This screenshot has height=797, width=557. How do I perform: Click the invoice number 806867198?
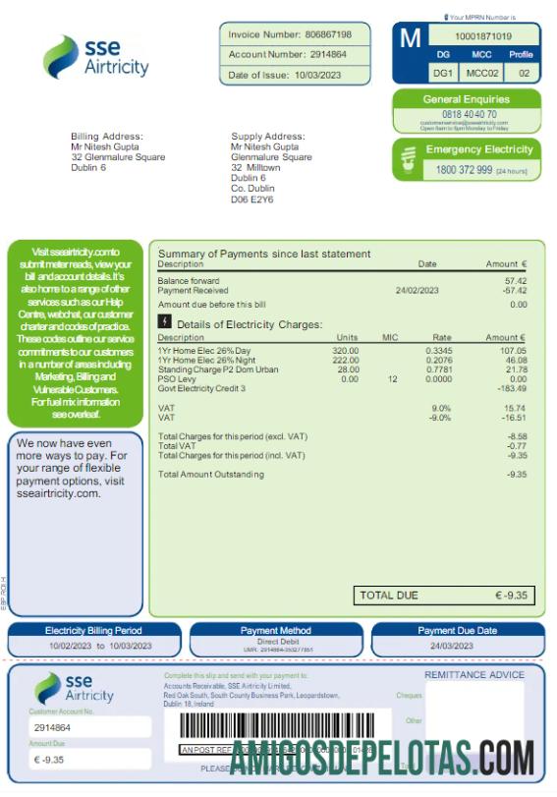tap(329, 34)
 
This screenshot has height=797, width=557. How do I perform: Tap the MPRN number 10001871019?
tap(483, 36)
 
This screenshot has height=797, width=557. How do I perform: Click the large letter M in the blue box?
tap(410, 38)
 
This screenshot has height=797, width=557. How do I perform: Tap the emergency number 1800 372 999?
tap(464, 170)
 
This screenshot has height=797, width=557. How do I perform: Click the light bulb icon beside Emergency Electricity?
tap(408, 160)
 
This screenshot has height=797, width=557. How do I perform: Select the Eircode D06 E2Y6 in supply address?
tap(251, 199)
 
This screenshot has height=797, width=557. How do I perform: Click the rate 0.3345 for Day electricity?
tap(439, 351)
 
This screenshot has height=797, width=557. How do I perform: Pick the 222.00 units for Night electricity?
tap(346, 360)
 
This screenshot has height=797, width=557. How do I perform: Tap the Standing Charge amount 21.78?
tap(514, 370)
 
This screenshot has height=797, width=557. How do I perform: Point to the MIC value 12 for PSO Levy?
tap(392, 378)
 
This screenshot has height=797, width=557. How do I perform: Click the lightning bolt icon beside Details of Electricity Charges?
tap(165, 322)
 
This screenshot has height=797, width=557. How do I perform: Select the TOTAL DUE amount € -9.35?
tap(511, 596)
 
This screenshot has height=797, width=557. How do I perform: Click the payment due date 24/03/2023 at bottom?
tap(457, 646)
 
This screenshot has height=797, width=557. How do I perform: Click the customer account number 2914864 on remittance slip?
tap(52, 728)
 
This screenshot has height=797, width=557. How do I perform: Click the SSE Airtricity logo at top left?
tap(95, 58)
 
